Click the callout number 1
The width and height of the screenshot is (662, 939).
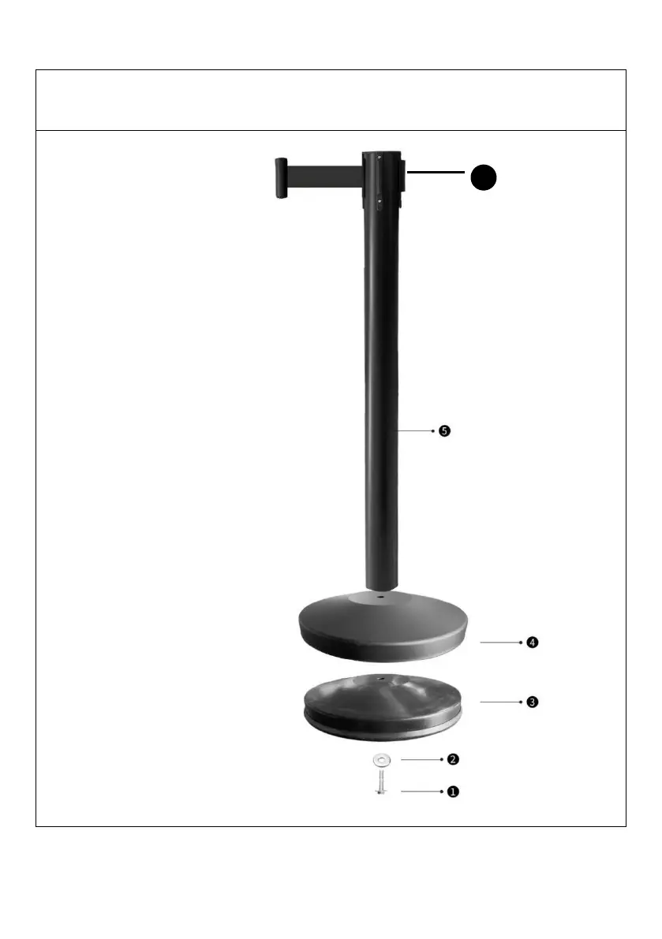pyautogui.click(x=453, y=792)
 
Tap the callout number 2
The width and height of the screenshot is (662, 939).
pyautogui.click(x=453, y=759)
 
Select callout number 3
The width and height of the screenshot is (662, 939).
pyautogui.click(x=533, y=702)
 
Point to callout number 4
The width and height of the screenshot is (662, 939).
pyautogui.click(x=533, y=643)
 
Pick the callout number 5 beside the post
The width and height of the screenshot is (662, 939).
pyautogui.click(x=444, y=430)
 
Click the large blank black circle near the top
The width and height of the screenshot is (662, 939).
pyautogui.click(x=484, y=178)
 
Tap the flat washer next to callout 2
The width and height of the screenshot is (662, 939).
pyautogui.click(x=380, y=761)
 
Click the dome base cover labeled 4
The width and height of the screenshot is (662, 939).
pyautogui.click(x=383, y=627)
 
